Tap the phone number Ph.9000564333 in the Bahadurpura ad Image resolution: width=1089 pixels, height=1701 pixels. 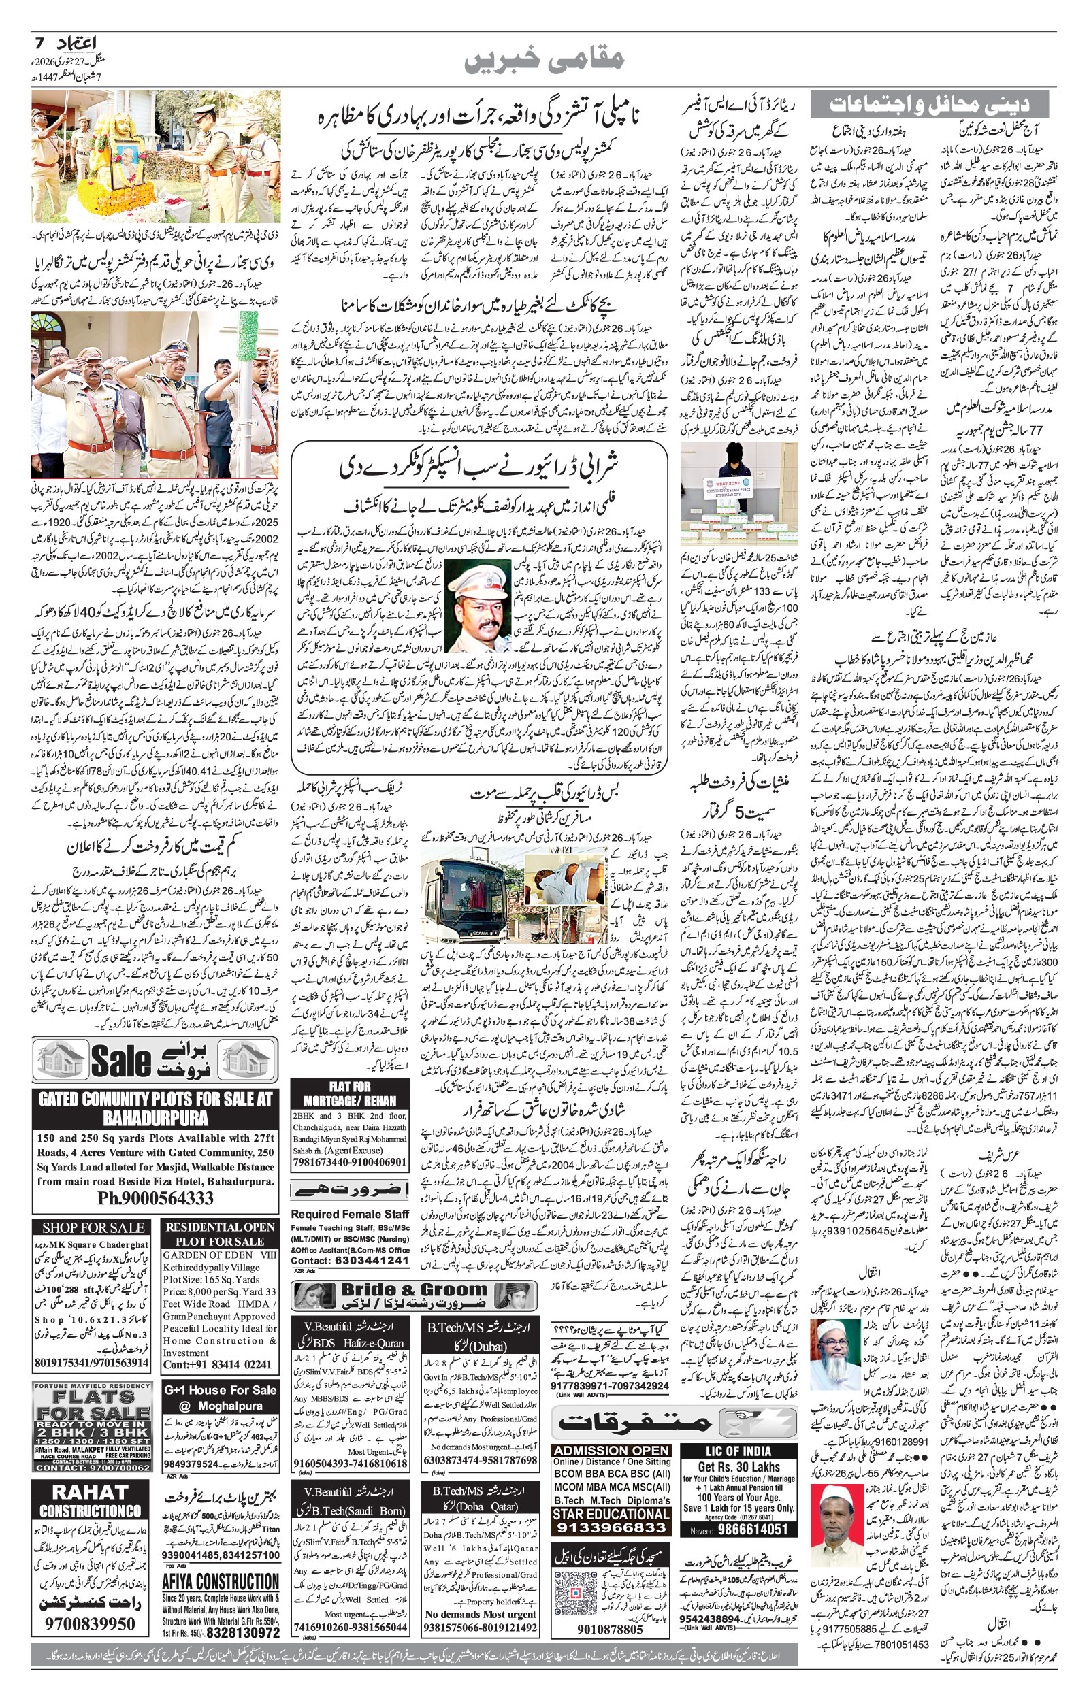pos(155,1199)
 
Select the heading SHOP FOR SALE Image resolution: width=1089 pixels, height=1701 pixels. pos(93,1227)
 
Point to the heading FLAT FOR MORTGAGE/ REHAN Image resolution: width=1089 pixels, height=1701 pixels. pos(350,1093)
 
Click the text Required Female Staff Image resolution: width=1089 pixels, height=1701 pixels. pos(350,1214)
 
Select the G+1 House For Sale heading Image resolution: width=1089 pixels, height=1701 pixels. pos(220,1390)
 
